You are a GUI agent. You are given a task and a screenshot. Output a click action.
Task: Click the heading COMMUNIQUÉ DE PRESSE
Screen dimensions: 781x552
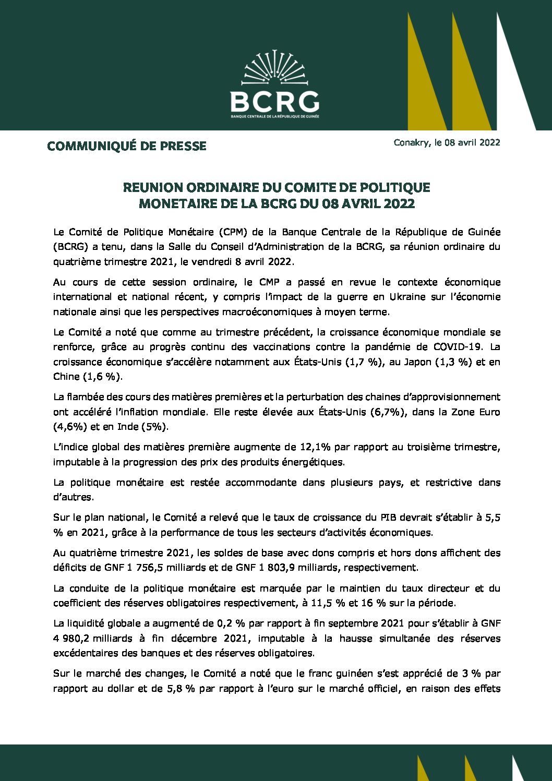(127, 146)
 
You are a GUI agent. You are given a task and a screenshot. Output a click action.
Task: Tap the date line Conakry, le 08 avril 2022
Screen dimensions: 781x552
(447, 142)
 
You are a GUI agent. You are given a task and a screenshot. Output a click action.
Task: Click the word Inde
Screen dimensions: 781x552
(128, 426)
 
